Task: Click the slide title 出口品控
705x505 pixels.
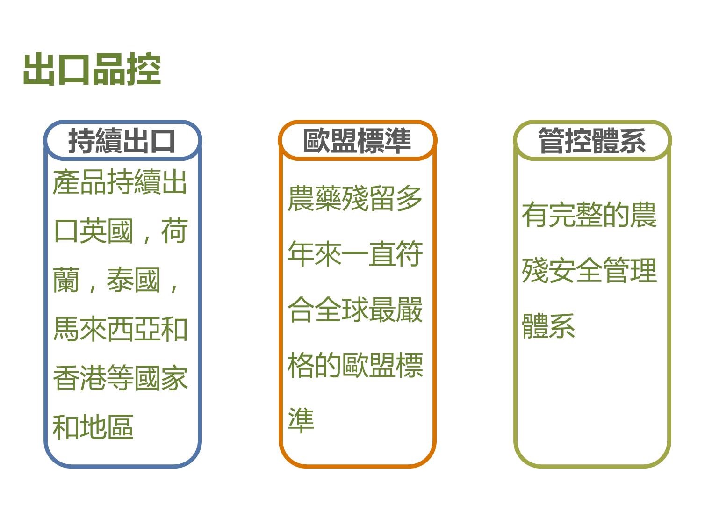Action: pyautogui.click(x=92, y=69)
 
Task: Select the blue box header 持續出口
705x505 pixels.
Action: pyautogui.click(x=122, y=141)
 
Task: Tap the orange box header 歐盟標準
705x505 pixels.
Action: pyautogui.click(x=357, y=141)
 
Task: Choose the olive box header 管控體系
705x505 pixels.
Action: pyautogui.click(x=592, y=141)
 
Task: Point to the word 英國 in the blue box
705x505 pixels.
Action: pyautogui.click(x=107, y=231)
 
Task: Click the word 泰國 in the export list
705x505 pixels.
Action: pyautogui.click(x=133, y=280)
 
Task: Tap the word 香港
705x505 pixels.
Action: pyautogui.click(x=80, y=378)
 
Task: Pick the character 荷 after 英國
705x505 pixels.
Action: pyautogui.click(x=174, y=231)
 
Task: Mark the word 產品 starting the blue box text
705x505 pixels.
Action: pyautogui.click(x=80, y=182)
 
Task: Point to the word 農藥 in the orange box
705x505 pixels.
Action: pyautogui.click(x=315, y=198)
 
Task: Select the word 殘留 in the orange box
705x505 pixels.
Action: pyautogui.click(x=368, y=198)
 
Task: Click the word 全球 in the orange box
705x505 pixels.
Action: pyautogui.click(x=342, y=310)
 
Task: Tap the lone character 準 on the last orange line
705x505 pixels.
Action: pyautogui.click(x=301, y=420)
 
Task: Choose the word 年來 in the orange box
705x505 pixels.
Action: pyautogui.click(x=315, y=254)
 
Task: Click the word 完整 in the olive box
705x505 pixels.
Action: pyautogui.click(x=576, y=215)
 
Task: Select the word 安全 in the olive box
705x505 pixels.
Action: pyautogui.click(x=576, y=270)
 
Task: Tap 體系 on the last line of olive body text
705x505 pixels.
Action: pyautogui.click(x=549, y=326)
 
